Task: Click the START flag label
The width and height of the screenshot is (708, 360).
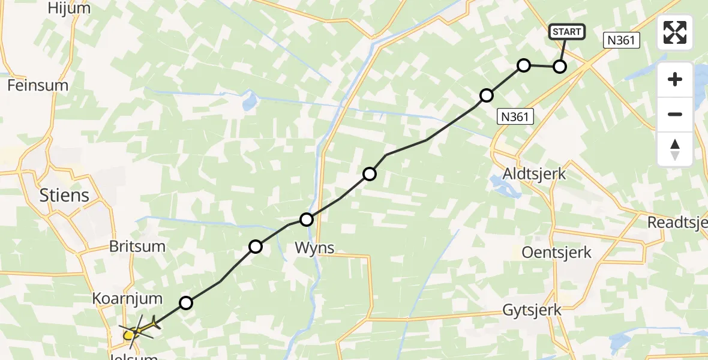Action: (x=566, y=32)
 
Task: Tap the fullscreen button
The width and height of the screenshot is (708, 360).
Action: (x=675, y=32)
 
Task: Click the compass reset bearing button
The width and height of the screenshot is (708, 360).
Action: (x=675, y=149)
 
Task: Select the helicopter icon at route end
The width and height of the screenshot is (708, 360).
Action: (x=139, y=329)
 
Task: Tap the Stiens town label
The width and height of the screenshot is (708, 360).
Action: (x=64, y=195)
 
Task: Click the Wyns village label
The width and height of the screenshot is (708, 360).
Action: (x=314, y=247)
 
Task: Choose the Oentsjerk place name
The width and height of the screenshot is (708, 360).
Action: (x=557, y=252)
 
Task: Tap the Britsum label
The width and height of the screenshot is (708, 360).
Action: (x=137, y=247)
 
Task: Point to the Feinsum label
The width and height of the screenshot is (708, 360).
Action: (x=38, y=85)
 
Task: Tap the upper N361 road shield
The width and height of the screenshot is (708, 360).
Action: (x=622, y=41)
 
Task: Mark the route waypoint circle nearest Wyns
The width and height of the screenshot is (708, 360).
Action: (x=307, y=220)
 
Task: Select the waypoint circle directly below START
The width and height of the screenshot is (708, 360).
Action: (x=559, y=67)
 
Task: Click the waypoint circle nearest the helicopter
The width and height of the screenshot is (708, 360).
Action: (x=186, y=303)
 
